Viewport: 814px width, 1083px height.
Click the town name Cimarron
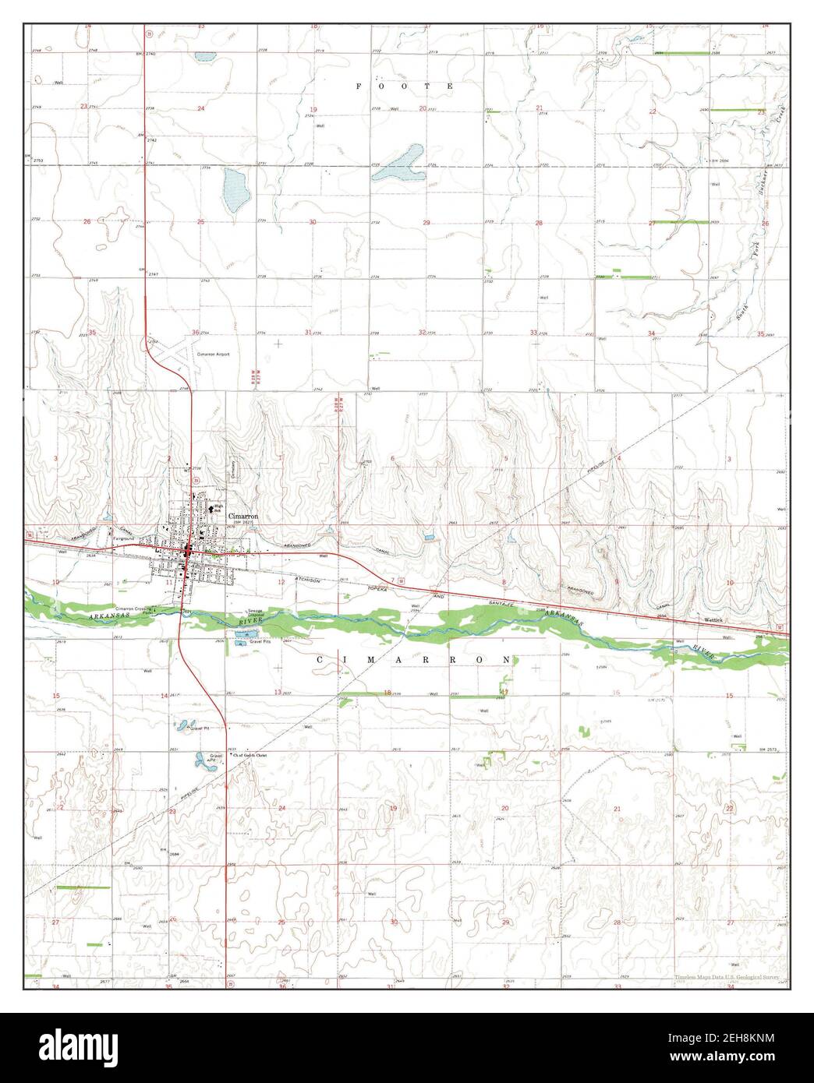(x=242, y=516)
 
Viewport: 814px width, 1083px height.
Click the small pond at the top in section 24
(x=205, y=57)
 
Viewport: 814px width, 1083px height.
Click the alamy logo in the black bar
(x=89, y=1047)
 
